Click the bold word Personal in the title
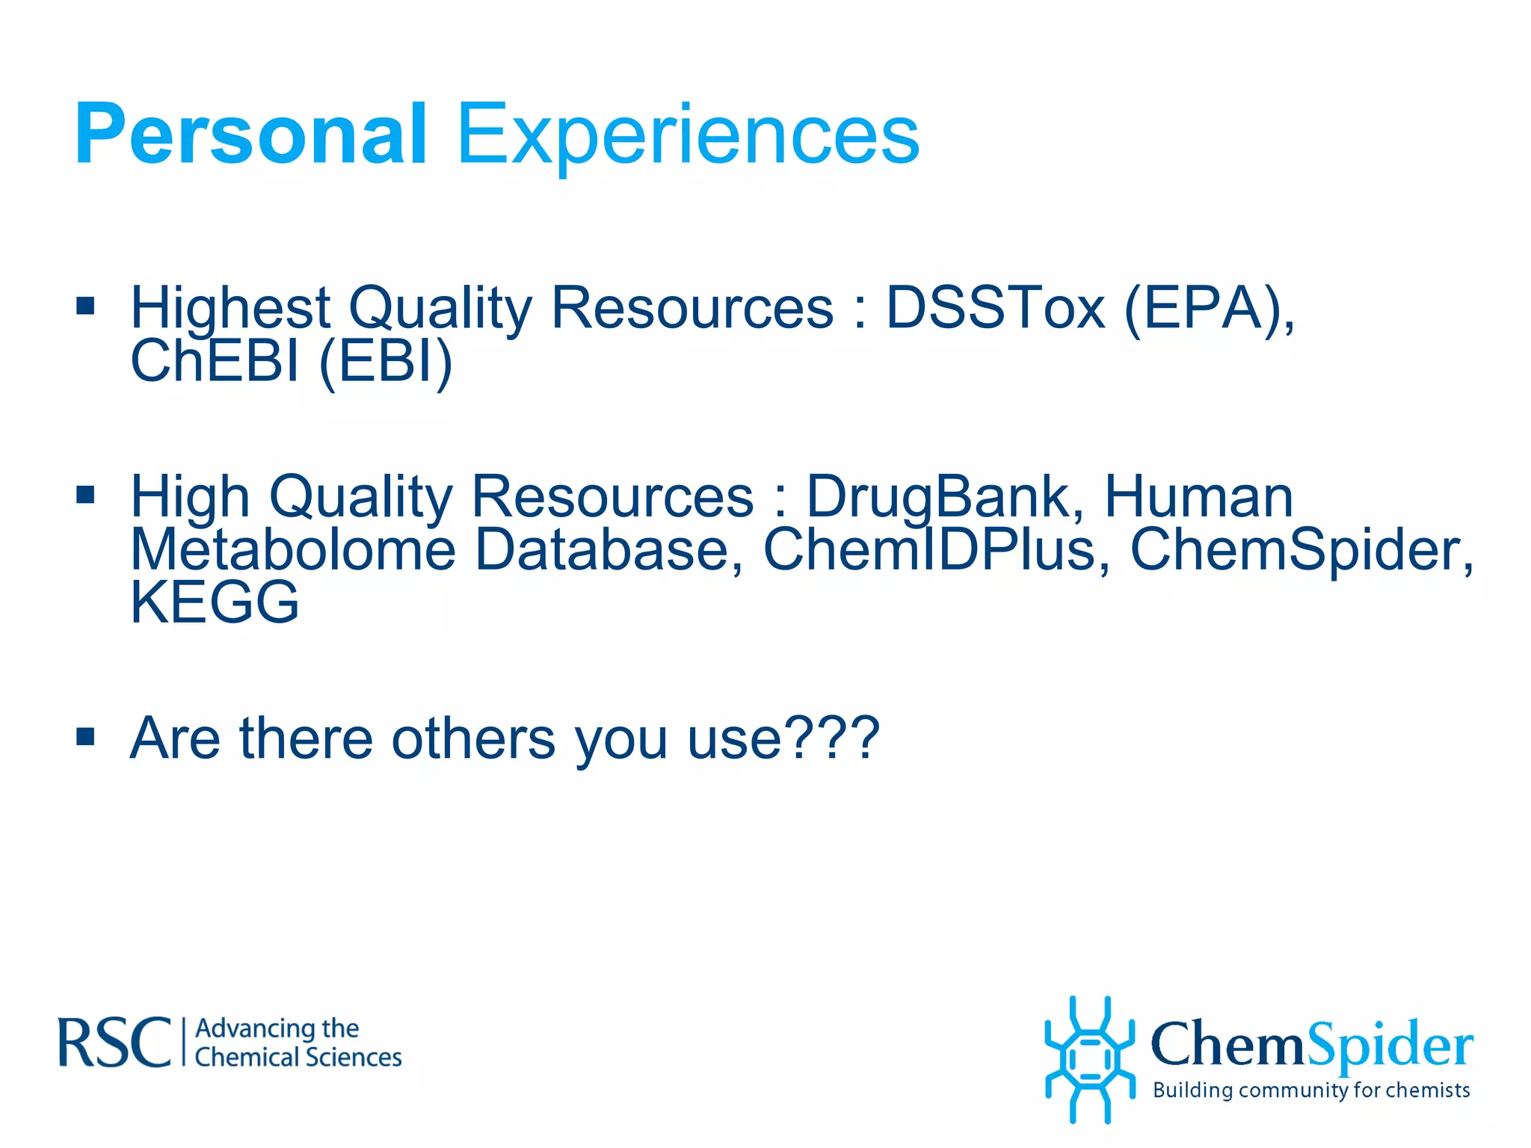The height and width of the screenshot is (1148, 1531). coord(250,135)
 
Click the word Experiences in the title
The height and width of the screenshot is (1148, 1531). coord(688,136)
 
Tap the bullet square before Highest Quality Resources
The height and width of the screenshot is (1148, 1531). coord(86,305)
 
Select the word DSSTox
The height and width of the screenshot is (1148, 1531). coord(995,308)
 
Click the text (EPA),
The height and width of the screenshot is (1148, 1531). coord(1209,309)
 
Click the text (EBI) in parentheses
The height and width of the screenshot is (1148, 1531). coord(386,362)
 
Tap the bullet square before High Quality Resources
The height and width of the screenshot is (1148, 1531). coord(86,494)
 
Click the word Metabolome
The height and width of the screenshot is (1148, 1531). coord(293,550)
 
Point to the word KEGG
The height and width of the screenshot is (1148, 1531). coord(215,602)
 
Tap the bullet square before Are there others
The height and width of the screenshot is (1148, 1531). coord(86,737)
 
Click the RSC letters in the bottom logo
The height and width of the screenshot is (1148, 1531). coord(114,1043)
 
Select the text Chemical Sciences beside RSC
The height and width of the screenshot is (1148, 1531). coord(298,1058)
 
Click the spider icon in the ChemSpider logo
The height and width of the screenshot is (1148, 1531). coord(1090,1059)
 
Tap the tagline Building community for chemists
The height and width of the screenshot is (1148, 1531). coord(1311,1090)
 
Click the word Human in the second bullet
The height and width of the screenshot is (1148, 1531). coord(1198,497)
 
